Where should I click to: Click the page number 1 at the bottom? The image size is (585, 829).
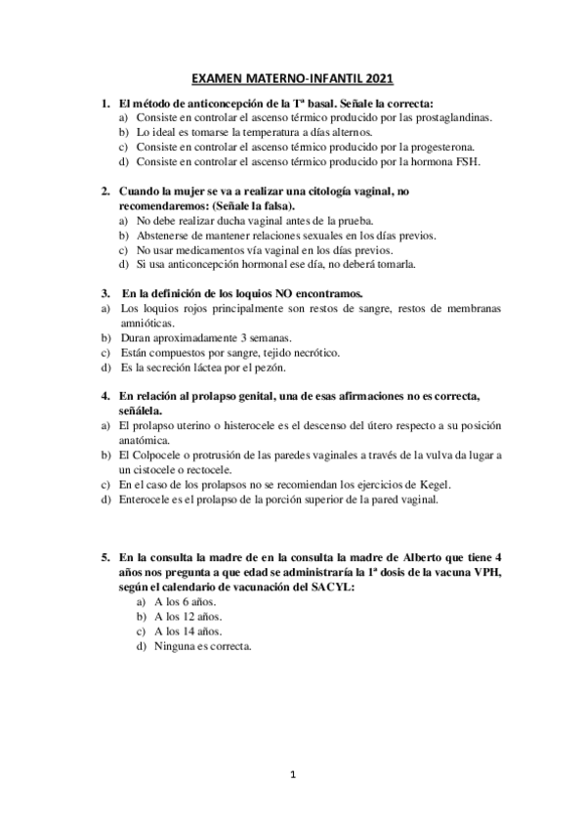(x=293, y=775)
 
